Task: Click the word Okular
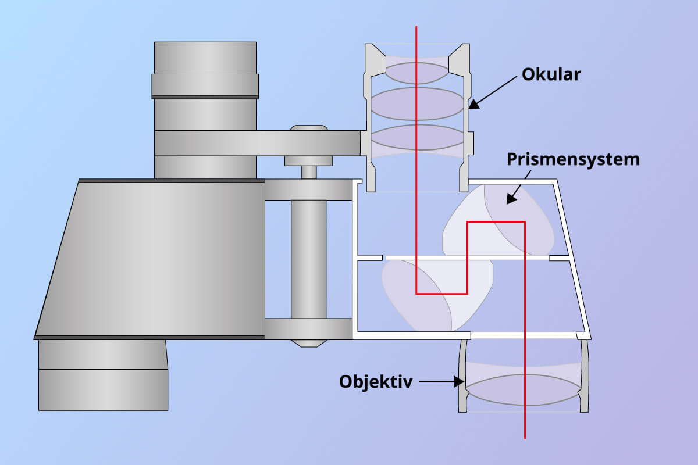(551, 75)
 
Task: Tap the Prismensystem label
(573, 160)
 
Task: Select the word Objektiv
(376, 382)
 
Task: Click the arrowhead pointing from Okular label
(473, 104)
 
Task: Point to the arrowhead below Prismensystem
(511, 199)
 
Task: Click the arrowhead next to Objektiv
(460, 381)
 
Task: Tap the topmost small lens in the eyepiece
(417, 73)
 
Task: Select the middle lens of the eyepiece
(417, 103)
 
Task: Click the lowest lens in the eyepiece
(417, 137)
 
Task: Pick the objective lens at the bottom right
(523, 390)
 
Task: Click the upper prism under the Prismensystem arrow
(498, 220)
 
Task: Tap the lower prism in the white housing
(437, 295)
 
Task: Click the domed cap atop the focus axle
(309, 128)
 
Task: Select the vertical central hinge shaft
(308, 259)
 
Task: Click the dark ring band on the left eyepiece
(205, 97)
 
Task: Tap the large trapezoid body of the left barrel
(150, 259)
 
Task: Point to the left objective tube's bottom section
(103, 390)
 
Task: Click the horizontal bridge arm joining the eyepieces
(258, 143)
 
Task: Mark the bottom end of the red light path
(525, 438)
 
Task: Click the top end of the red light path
(416, 27)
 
